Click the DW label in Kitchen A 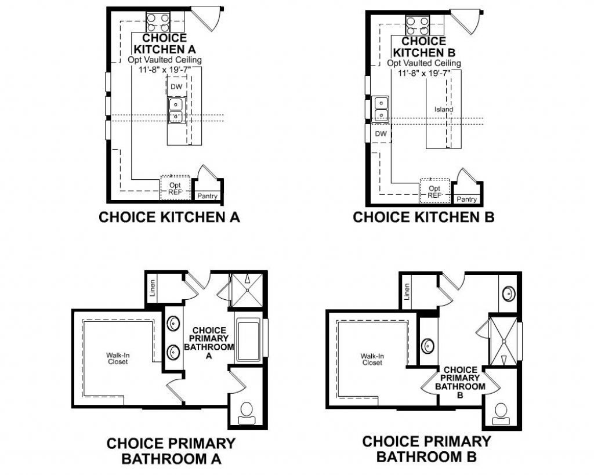[x=176, y=86]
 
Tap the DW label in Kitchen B [x=381, y=133]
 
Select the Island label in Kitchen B [x=444, y=110]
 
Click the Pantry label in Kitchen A [x=207, y=196]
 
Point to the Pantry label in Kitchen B [x=466, y=199]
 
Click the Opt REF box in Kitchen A [x=175, y=188]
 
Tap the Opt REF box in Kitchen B [x=434, y=191]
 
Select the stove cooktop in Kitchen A [x=158, y=22]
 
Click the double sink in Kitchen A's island [x=176, y=111]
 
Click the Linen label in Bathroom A [x=153, y=289]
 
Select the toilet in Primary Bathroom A [x=247, y=411]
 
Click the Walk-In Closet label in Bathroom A [x=117, y=358]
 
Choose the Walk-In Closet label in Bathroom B [x=371, y=360]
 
